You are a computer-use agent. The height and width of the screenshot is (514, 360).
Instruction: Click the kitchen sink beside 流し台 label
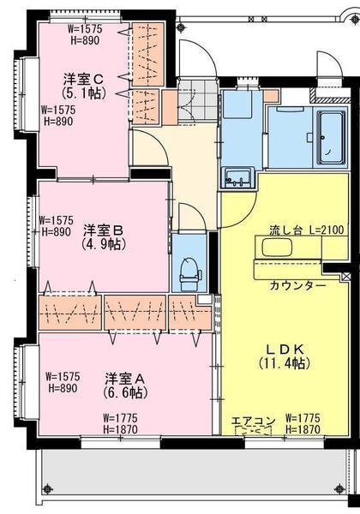[276, 249]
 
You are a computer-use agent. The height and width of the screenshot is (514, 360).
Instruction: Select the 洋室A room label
[125, 378]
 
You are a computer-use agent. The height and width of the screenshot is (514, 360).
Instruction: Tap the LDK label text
[281, 350]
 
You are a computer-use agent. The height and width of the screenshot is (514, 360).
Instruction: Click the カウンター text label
[297, 285]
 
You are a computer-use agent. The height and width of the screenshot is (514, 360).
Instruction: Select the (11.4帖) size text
[281, 363]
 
